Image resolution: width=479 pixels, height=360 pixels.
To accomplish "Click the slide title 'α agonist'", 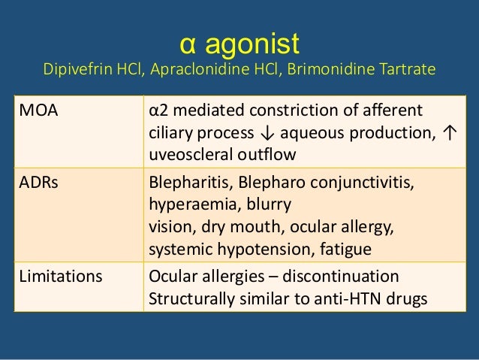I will pos(240,43).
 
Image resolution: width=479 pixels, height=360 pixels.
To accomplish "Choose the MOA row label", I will pos(38,112).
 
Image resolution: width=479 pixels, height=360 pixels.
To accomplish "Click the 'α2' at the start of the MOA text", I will pos(158,112).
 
